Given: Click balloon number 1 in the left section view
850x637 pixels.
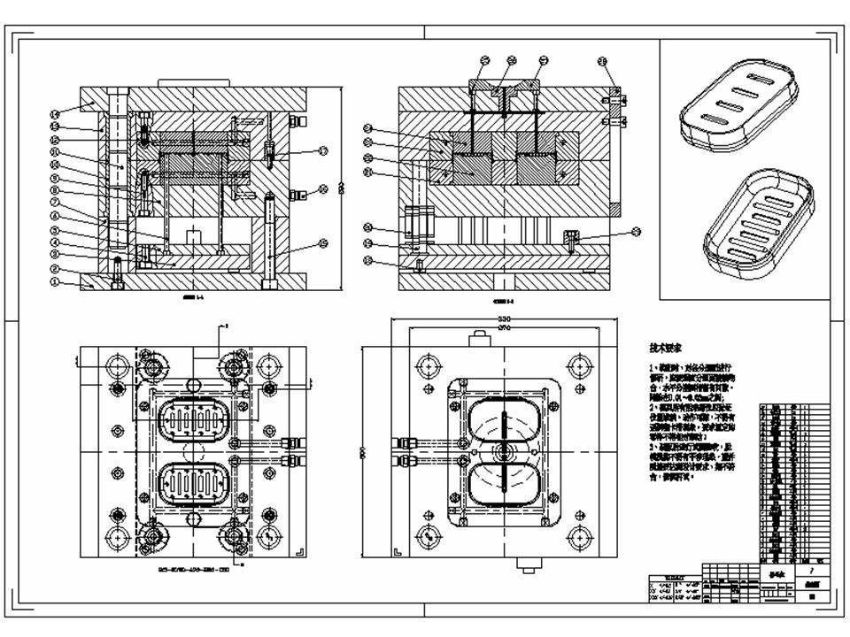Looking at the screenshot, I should (54, 283).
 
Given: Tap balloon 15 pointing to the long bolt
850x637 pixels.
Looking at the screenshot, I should (324, 244).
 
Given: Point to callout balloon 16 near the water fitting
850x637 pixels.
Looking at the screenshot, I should (324, 188).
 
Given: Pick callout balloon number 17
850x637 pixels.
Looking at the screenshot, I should (324, 151).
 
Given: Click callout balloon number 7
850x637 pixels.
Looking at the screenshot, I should (54, 203).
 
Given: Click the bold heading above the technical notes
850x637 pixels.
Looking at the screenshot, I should (666, 349).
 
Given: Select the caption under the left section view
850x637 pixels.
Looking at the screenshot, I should (193, 299).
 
